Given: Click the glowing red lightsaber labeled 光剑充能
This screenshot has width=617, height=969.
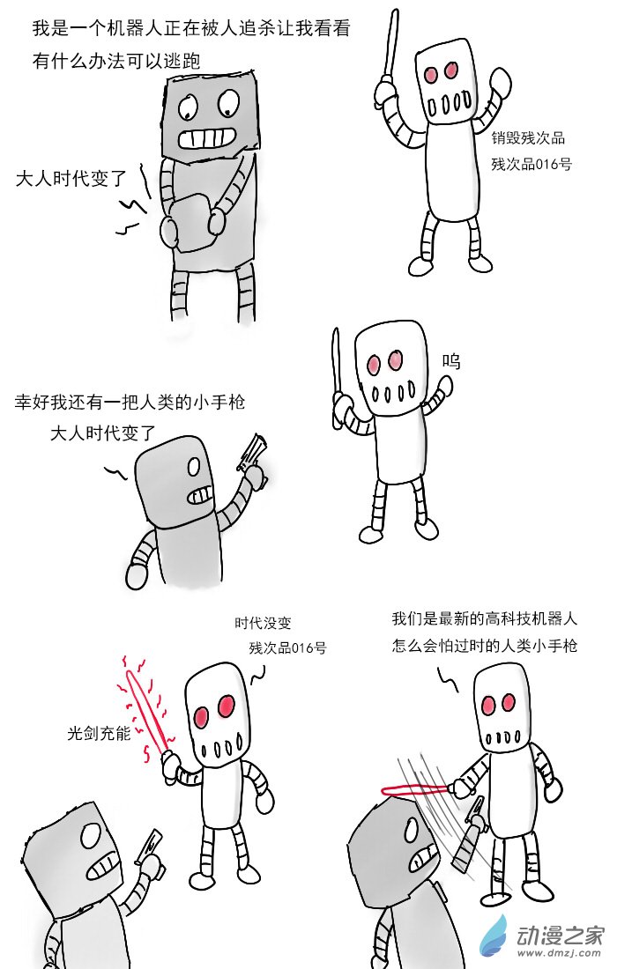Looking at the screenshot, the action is (x=146, y=711).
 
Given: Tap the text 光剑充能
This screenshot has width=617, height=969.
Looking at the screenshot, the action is (x=99, y=733).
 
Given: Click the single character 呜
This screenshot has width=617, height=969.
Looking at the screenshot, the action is (x=450, y=361).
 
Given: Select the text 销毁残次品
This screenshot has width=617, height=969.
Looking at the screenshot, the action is (x=528, y=137).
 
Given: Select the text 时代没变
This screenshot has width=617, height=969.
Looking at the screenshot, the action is (x=263, y=622).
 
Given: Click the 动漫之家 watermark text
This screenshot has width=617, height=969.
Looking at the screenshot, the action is (x=560, y=936).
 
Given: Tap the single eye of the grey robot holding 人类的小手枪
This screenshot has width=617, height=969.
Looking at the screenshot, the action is (x=194, y=467).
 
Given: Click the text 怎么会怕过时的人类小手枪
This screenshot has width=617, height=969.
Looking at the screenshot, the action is (x=485, y=646).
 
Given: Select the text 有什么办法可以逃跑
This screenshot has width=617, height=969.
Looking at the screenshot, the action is (x=116, y=61).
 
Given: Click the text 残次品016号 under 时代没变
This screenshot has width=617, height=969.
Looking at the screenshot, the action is (x=287, y=647).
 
